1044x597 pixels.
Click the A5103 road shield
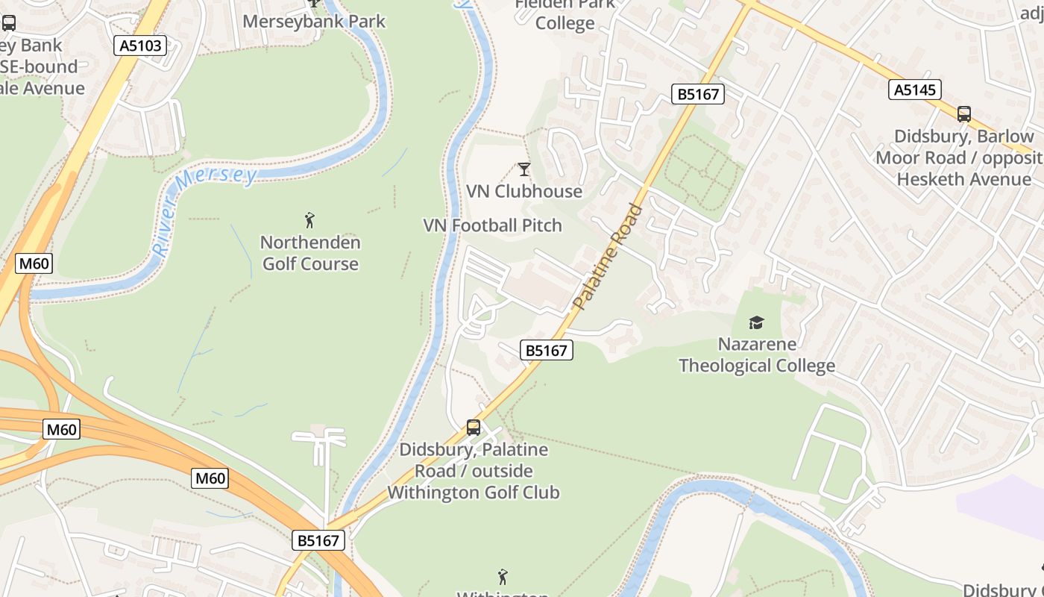point(140,46)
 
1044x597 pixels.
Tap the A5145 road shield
point(915,90)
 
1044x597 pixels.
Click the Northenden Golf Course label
point(310,253)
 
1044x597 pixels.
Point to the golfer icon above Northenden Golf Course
point(310,220)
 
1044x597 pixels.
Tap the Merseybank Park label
point(314,21)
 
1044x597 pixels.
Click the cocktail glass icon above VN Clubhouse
point(524,169)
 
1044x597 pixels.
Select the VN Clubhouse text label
point(524,191)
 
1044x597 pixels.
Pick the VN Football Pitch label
point(492,225)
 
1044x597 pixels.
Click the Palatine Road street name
point(607,257)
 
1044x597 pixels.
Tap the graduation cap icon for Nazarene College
point(756,322)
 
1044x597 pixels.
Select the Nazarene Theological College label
point(756,354)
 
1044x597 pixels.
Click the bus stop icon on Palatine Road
point(474,428)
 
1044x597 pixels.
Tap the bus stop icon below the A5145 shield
point(964,114)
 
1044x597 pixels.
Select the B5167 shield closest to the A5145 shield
point(698,94)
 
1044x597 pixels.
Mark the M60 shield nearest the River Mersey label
point(34,263)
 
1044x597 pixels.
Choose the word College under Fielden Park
point(565,23)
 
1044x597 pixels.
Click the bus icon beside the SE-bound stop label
point(9,22)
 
